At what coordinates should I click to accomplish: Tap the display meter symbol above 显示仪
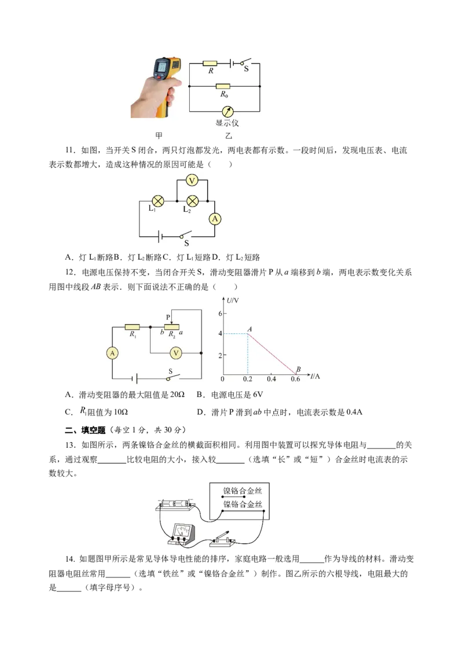227,112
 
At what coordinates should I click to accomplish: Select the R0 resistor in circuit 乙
223,86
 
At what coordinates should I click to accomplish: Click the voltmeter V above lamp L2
192,181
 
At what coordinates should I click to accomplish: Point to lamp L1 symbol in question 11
158,201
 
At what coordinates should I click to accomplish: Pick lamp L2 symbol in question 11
192,201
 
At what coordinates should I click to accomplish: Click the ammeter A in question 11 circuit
215,219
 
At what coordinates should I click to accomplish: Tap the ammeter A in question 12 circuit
112,354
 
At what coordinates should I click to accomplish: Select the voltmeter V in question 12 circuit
176,354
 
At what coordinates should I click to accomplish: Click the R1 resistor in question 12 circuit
132,327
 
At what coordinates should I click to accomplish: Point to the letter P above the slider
168,317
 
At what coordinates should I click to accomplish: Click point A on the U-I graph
248,333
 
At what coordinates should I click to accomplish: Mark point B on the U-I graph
296,373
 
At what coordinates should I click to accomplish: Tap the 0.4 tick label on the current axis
271,379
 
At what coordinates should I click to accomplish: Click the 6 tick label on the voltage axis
221,313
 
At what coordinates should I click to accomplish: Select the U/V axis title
233,300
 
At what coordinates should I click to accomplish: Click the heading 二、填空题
85,430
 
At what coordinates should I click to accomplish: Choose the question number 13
70,445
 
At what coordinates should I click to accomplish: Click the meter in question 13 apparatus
182,534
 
